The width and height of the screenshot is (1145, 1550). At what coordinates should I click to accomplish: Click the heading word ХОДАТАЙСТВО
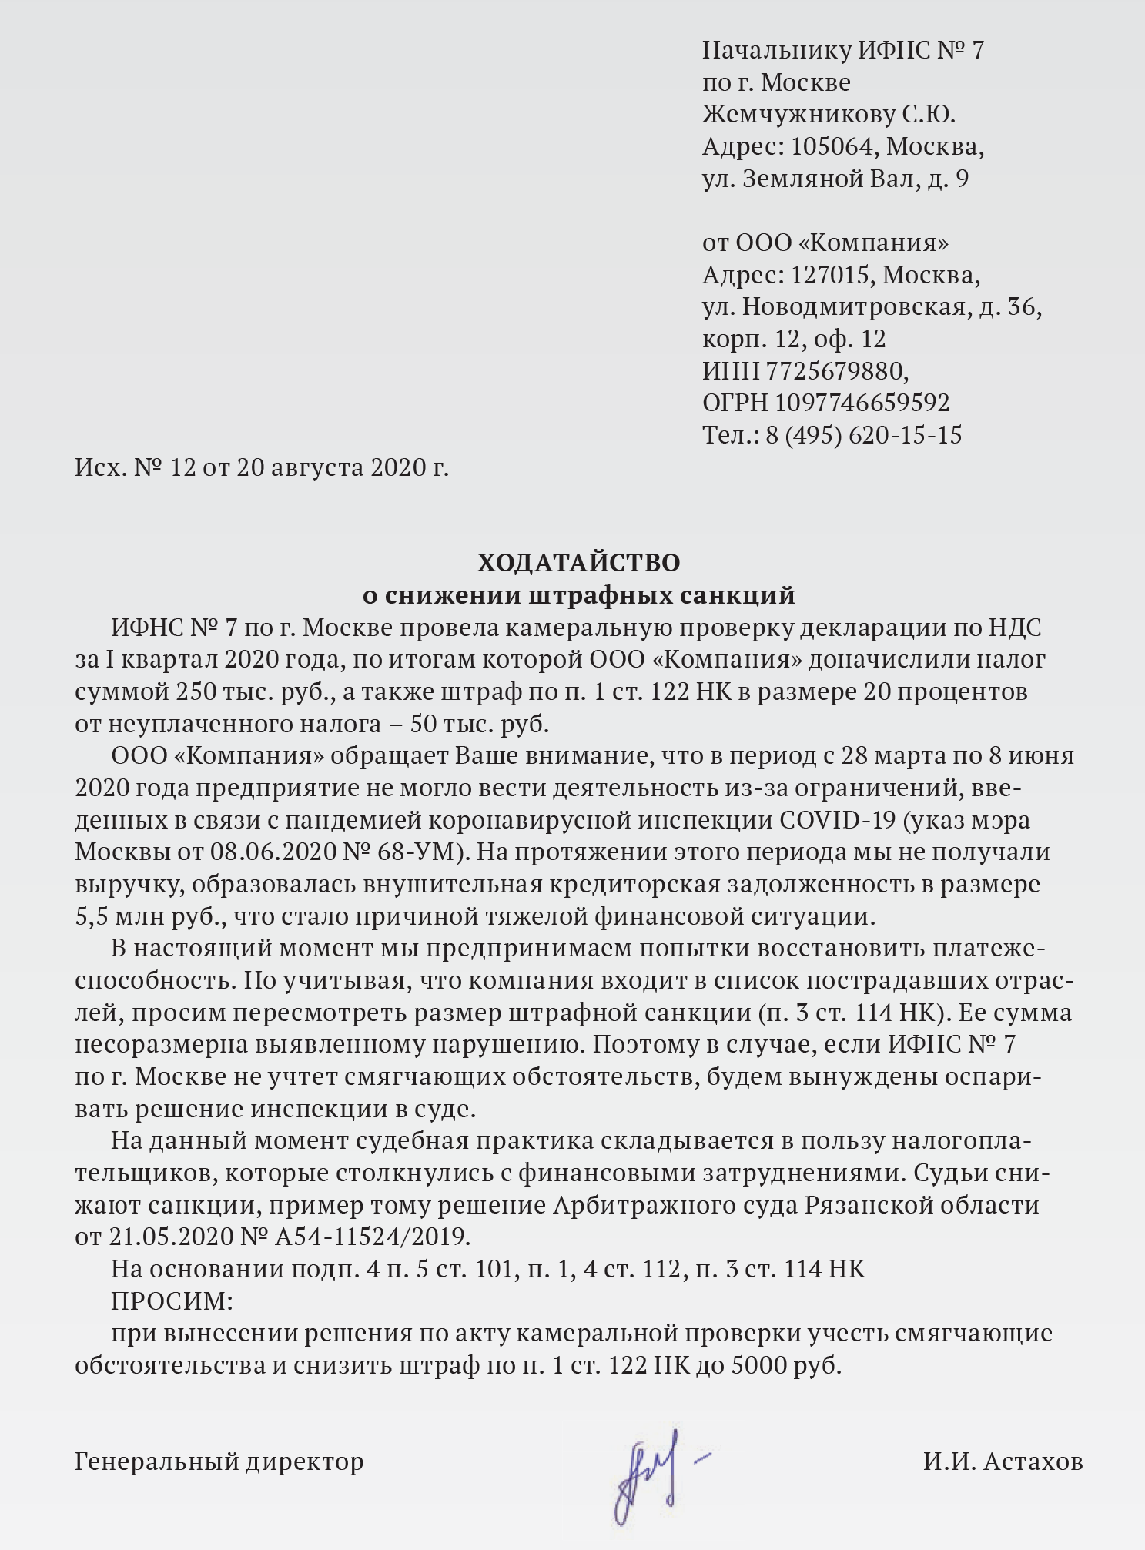pos(578,563)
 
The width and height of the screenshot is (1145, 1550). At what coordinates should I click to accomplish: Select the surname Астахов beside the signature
pos(1033,1461)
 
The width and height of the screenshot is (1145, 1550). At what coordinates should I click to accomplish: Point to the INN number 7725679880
pos(836,371)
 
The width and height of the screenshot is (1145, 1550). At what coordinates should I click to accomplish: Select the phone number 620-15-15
pos(905,435)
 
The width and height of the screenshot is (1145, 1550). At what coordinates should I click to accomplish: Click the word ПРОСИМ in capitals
pos(171,1301)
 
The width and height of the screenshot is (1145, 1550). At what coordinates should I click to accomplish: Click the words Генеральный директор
pos(219,1461)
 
